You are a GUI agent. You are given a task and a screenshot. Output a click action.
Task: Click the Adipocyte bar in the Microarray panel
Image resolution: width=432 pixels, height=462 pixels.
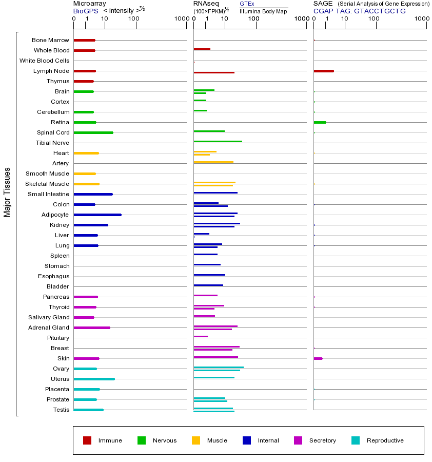97,215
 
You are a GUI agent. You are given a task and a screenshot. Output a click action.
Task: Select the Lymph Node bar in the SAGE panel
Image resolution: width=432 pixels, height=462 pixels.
324,71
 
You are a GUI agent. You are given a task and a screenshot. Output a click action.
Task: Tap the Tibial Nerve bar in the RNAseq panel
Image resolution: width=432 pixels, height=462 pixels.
218,141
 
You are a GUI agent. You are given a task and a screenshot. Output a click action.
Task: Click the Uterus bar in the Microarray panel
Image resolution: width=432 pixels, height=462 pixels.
94,379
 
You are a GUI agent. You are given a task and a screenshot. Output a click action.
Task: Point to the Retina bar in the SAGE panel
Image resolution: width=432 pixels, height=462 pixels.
320,122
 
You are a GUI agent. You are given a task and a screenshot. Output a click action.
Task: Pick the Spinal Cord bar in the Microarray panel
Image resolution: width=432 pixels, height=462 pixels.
93,132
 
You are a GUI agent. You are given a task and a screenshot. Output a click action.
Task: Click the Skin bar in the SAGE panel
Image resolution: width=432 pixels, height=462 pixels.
318,358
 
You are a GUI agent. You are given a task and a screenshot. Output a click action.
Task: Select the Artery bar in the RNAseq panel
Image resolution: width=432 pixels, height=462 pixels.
213,162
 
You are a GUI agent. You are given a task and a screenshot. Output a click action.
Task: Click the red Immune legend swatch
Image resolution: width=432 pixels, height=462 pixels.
87,440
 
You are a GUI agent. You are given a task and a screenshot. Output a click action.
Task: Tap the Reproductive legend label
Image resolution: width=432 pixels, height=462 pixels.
385,440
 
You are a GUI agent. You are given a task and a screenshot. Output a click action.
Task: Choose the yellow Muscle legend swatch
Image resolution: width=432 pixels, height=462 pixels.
196,440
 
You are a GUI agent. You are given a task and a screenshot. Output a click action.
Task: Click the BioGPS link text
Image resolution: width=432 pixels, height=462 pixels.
85,11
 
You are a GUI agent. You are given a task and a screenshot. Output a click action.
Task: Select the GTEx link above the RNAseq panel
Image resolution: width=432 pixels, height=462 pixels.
247,4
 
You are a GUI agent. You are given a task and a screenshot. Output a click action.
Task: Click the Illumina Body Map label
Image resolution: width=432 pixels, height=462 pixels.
263,11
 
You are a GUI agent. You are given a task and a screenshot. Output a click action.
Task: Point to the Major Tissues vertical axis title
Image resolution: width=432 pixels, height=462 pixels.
7,192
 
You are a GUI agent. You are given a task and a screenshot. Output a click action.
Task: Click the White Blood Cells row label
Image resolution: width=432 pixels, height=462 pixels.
44,61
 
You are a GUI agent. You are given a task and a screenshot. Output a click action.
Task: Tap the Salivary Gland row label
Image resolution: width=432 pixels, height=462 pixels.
49,317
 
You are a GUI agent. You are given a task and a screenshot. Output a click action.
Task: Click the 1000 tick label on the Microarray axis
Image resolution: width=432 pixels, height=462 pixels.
181,19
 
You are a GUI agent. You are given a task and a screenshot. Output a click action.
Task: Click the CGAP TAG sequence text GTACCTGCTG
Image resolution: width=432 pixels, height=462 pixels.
380,11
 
